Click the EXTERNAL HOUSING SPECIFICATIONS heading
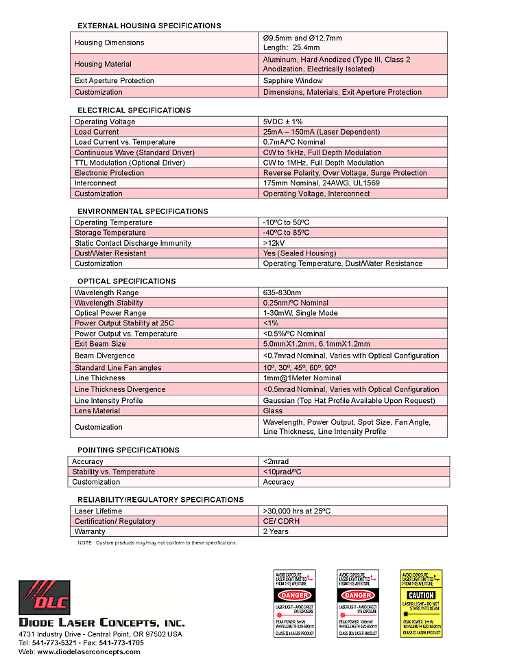149,25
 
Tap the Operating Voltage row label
105,122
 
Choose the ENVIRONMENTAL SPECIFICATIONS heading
143,211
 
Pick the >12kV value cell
275,243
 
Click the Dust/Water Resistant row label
110,253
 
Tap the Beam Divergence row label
105,356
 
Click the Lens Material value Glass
273,411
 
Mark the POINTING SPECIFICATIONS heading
128,450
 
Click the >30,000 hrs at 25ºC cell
296,511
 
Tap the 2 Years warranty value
276,531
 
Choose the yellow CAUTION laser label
421,603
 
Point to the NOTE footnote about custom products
157,543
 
